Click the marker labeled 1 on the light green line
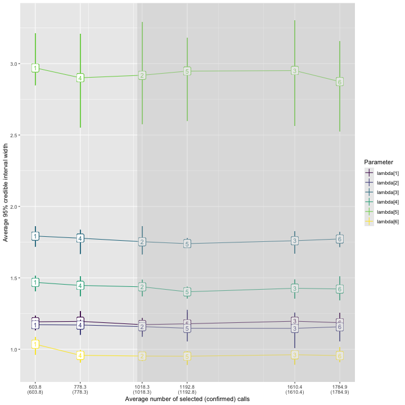[x=35, y=68]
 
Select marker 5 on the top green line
[x=187, y=71]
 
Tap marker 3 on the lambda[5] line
[x=295, y=71]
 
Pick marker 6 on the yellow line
[x=340, y=355]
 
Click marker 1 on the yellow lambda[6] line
[x=35, y=344]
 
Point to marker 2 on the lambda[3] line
[x=142, y=242]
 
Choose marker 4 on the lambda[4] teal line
[x=80, y=286]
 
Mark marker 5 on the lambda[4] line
[x=187, y=292]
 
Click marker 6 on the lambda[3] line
[x=340, y=239]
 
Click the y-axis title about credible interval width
[x=6, y=192]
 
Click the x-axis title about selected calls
[x=187, y=399]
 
